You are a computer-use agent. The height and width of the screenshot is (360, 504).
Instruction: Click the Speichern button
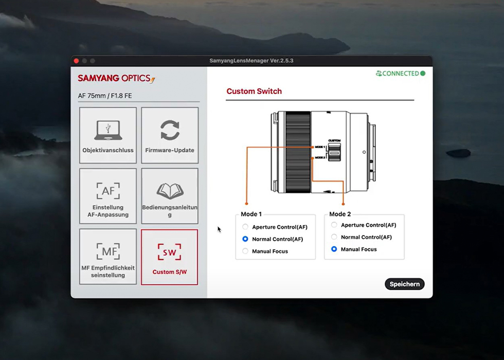coord(404,284)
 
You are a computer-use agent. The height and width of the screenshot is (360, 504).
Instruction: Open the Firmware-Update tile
coord(170,135)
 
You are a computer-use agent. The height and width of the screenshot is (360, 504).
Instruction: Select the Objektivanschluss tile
coord(108,135)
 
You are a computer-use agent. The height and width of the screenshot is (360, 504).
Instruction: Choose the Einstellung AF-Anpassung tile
coord(108,196)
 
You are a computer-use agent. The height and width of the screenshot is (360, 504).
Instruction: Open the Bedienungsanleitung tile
coord(170,196)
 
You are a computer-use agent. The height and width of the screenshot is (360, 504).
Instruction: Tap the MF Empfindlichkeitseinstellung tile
coord(108,257)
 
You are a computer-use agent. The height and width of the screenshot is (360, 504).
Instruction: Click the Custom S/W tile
coord(170,257)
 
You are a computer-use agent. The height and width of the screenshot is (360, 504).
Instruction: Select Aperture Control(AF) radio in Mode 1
coord(245,227)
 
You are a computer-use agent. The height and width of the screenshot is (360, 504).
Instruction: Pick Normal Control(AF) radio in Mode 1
coord(245,239)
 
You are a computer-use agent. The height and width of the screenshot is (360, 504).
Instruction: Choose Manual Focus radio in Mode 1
coord(245,251)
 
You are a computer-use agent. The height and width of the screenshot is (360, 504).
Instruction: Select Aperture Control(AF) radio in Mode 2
coord(334,225)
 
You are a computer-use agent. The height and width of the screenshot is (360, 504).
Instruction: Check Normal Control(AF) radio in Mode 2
coord(334,237)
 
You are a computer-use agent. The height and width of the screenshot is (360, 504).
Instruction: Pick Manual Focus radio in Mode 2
coord(334,249)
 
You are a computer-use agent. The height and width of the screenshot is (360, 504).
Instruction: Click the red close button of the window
coord(77,61)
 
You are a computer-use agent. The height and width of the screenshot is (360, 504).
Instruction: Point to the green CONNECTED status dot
coord(423,74)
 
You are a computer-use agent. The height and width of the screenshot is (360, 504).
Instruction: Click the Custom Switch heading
coord(254,91)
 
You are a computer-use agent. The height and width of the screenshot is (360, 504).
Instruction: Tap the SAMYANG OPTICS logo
coord(116,79)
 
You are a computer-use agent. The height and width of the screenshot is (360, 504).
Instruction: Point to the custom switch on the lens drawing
coord(335,151)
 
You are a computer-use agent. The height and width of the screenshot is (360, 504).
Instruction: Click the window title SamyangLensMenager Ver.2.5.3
coord(251,61)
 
